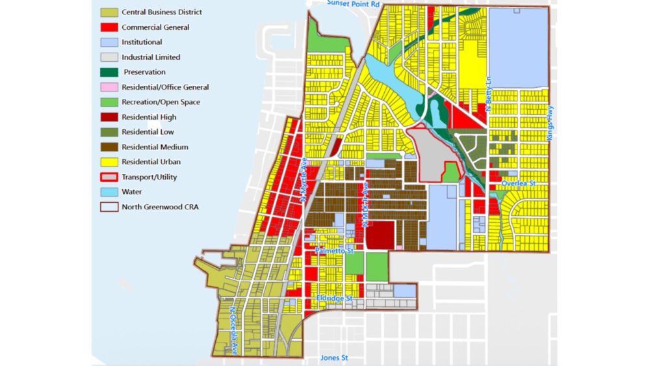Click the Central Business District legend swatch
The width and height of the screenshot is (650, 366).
pyautogui.click(x=109, y=12)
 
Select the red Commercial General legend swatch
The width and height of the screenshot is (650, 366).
pyautogui.click(x=109, y=27)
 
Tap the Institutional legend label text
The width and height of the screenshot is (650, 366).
pyautogui.click(x=142, y=42)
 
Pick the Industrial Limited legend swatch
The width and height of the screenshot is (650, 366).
pyautogui.click(x=109, y=57)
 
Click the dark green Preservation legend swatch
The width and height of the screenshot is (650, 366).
pyautogui.click(x=109, y=72)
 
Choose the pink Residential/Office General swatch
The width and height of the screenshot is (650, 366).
pyautogui.click(x=109, y=87)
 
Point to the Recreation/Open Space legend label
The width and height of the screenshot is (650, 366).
pyautogui.click(x=161, y=102)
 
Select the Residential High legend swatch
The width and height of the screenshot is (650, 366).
pyautogui.click(x=109, y=117)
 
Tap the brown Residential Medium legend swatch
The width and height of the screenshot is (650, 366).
pyautogui.click(x=109, y=147)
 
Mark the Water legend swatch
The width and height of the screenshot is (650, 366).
pyautogui.click(x=109, y=192)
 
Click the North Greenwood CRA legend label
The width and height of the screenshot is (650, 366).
pyautogui.click(x=158, y=207)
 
